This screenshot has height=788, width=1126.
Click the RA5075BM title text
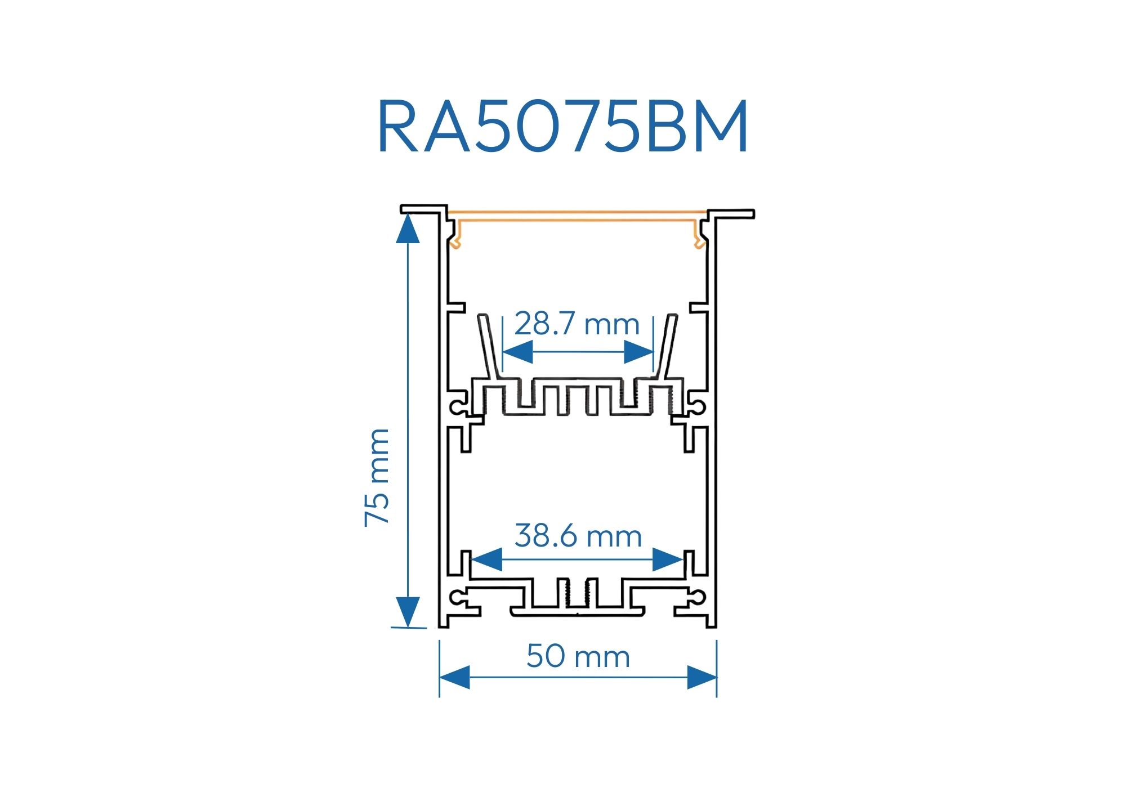[x=563, y=127]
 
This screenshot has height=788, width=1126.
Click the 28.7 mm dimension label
[x=577, y=325]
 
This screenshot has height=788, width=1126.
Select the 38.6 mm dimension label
[x=578, y=536]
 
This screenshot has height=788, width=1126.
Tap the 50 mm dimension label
[x=578, y=656]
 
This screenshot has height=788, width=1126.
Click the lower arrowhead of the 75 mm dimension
[x=408, y=612]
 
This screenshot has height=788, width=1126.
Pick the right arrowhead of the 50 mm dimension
[x=701, y=677]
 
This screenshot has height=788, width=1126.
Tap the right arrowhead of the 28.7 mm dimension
[x=638, y=353]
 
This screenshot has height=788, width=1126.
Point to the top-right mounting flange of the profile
[x=732, y=214]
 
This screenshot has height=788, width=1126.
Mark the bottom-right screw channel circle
[x=699, y=597]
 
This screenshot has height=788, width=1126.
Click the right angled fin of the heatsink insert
[x=669, y=346]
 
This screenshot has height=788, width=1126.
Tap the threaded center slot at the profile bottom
[x=578, y=594]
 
